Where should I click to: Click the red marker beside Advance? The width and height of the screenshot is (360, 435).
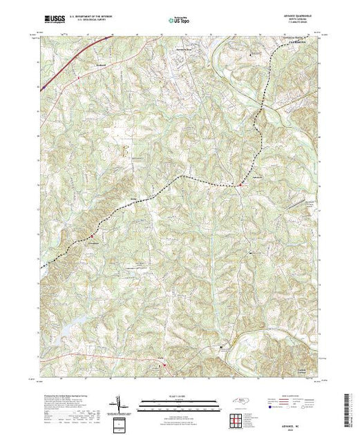click(239, 184)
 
